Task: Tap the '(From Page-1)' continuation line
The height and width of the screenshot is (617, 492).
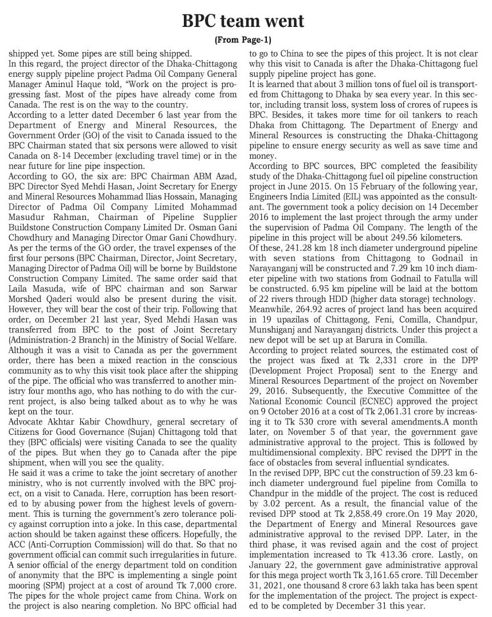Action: tap(243, 40)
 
